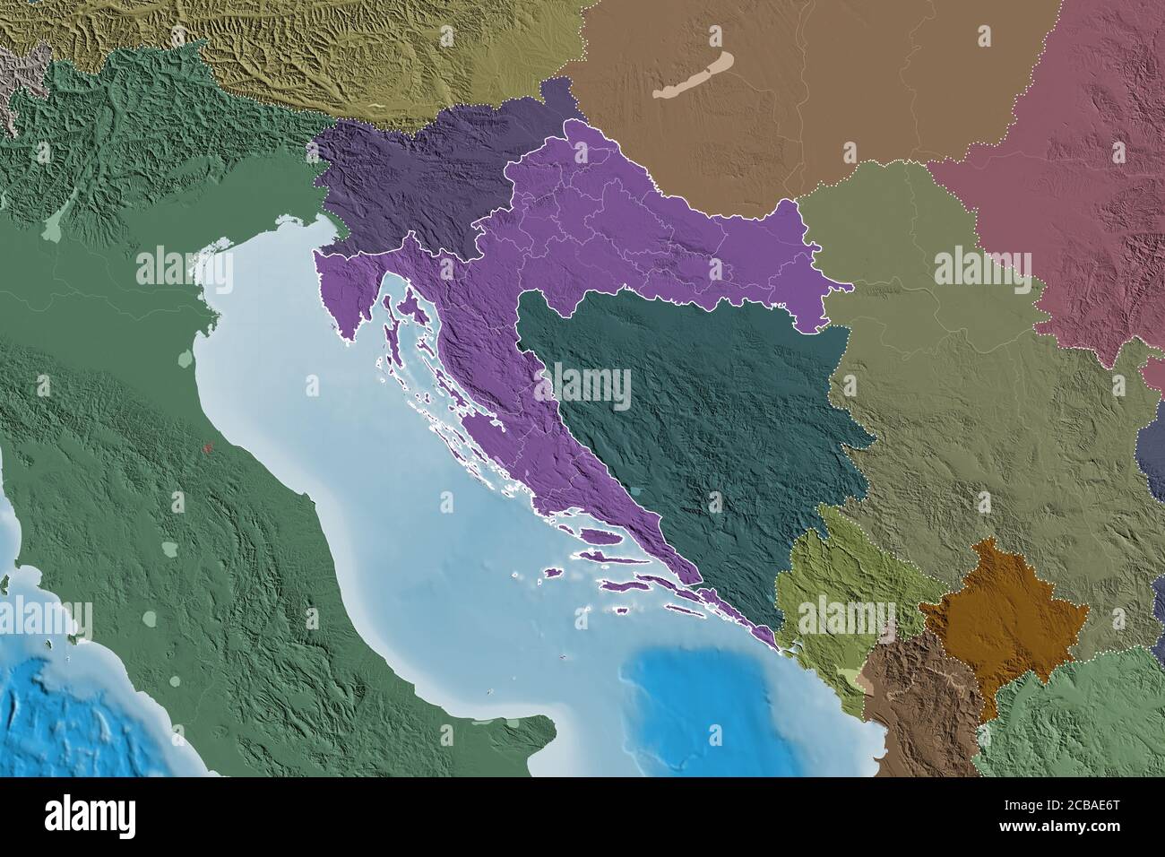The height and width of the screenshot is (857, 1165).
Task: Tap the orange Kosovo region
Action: click(x=1004, y=619)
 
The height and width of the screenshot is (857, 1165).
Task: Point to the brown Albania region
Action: click(x=914, y=708)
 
